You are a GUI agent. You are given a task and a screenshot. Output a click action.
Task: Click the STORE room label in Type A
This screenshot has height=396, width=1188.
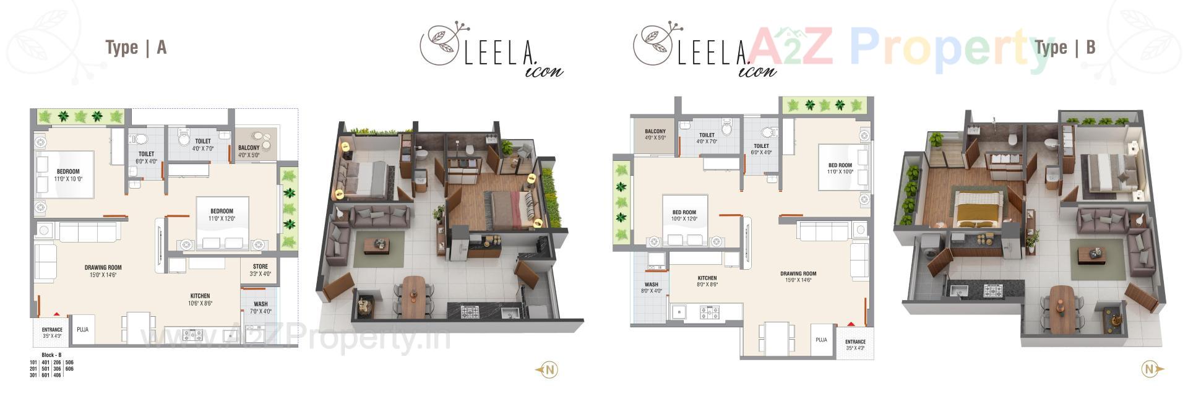pos(260,267)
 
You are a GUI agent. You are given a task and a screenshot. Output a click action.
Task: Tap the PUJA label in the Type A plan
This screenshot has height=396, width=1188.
pos(82,330)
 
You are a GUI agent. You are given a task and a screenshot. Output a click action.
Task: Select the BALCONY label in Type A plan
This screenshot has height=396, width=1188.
pos(249,148)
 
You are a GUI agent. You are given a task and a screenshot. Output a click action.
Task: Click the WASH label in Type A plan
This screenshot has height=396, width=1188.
pos(260,304)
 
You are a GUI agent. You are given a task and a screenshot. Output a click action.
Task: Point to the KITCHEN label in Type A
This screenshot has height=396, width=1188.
pos(200,296)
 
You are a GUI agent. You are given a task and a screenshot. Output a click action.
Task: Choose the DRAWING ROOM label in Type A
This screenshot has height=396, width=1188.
pos(103,268)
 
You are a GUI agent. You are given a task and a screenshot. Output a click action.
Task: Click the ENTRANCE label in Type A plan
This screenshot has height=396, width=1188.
pos(52,330)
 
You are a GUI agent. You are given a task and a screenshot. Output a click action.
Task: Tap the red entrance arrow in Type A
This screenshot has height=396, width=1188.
pos(56,315)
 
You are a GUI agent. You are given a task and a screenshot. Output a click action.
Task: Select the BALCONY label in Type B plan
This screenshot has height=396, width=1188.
pos(655,132)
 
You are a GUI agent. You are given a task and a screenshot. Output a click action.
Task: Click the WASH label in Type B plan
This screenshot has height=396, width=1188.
pos(652,285)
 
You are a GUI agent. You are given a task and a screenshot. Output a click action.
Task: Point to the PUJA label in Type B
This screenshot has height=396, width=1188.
pos(821,340)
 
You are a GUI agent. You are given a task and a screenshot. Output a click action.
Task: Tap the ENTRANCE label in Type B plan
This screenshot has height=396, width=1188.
pos(855,342)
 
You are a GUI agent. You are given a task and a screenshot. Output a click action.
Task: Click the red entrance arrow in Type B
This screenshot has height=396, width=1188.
pos(851,324)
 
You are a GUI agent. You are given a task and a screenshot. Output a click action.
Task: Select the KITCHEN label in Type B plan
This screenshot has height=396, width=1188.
pos(707,278)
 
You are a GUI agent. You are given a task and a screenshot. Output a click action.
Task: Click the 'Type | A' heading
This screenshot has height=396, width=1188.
pos(136,48)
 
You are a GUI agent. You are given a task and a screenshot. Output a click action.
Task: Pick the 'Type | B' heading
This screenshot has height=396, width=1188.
pos(1065,47)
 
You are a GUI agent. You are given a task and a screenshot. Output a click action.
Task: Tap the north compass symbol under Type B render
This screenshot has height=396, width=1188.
pos(1150,369)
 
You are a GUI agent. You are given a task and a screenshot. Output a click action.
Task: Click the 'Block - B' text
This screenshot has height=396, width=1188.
pos(51,355)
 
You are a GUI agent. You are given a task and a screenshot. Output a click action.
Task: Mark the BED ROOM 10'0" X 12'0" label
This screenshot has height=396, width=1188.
pos(684,212)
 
